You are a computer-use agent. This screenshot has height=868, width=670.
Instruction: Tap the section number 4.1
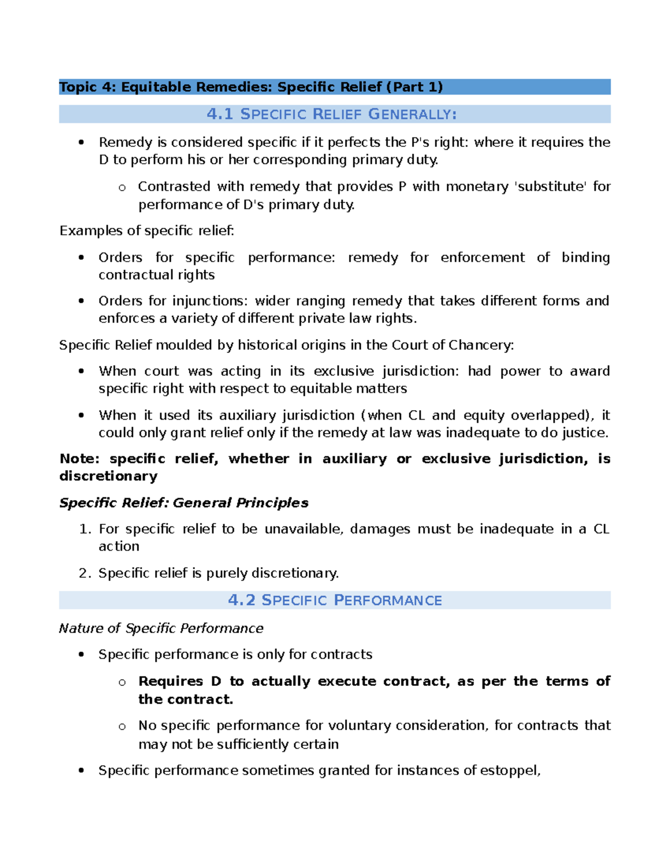point(219,115)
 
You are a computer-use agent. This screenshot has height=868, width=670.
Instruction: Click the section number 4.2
point(241,600)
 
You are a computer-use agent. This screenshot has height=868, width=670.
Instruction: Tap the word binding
point(585,258)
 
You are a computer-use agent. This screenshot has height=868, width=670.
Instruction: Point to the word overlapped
point(549,416)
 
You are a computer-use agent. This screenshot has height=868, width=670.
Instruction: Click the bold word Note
point(79,459)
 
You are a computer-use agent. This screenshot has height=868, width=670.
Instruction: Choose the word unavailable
point(303,529)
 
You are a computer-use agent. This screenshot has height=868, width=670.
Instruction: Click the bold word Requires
point(171,682)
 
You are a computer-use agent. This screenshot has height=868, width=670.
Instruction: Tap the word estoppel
point(510,771)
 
